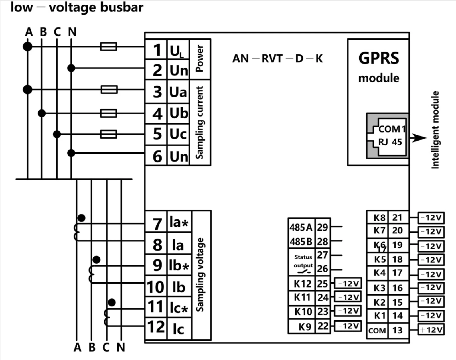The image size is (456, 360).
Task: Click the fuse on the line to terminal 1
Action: [x=108, y=46]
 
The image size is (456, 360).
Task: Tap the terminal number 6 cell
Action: [x=156, y=156]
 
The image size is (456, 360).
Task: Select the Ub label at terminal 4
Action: [x=179, y=113]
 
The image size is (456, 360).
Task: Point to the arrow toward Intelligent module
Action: [x=418, y=138]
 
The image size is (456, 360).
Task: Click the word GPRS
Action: [x=379, y=58]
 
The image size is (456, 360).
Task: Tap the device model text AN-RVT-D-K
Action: [x=277, y=58]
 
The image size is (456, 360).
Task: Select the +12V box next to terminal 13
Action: [x=431, y=330]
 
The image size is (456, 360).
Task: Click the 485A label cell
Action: [x=301, y=227]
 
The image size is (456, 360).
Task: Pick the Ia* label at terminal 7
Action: [x=179, y=222]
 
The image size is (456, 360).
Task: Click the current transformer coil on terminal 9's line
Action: [x=91, y=274]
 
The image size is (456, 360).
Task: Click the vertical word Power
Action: [x=199, y=58]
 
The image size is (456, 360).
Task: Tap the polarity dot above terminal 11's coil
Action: [x=112, y=302]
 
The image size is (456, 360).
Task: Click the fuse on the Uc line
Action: [x=108, y=134]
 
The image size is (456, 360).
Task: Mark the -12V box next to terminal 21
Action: [x=431, y=218]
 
